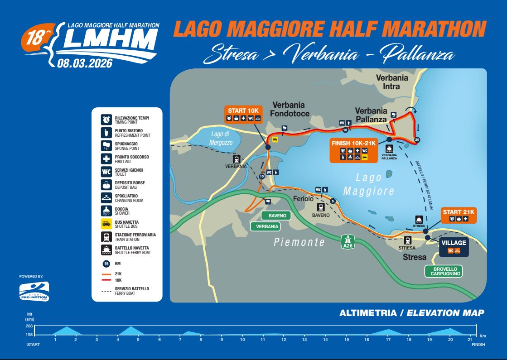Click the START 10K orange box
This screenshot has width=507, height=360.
pyautogui.click(x=243, y=114)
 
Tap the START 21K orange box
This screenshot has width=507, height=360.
pyautogui.click(x=458, y=215)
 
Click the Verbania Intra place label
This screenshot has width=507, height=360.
pyautogui.click(x=392, y=82)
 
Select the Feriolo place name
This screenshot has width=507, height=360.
pyautogui.click(x=304, y=199)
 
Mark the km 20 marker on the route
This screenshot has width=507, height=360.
pyautogui.click(x=417, y=139)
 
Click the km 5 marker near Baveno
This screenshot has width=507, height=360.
pyautogui.click(x=333, y=201)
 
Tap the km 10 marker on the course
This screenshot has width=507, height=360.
pyautogui.click(x=261, y=177)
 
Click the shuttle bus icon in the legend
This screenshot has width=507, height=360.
pyautogui.click(x=106, y=223)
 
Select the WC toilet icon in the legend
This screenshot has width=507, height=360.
pyautogui.click(x=106, y=172)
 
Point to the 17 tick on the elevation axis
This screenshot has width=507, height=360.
pyautogui.click(x=388, y=340)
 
